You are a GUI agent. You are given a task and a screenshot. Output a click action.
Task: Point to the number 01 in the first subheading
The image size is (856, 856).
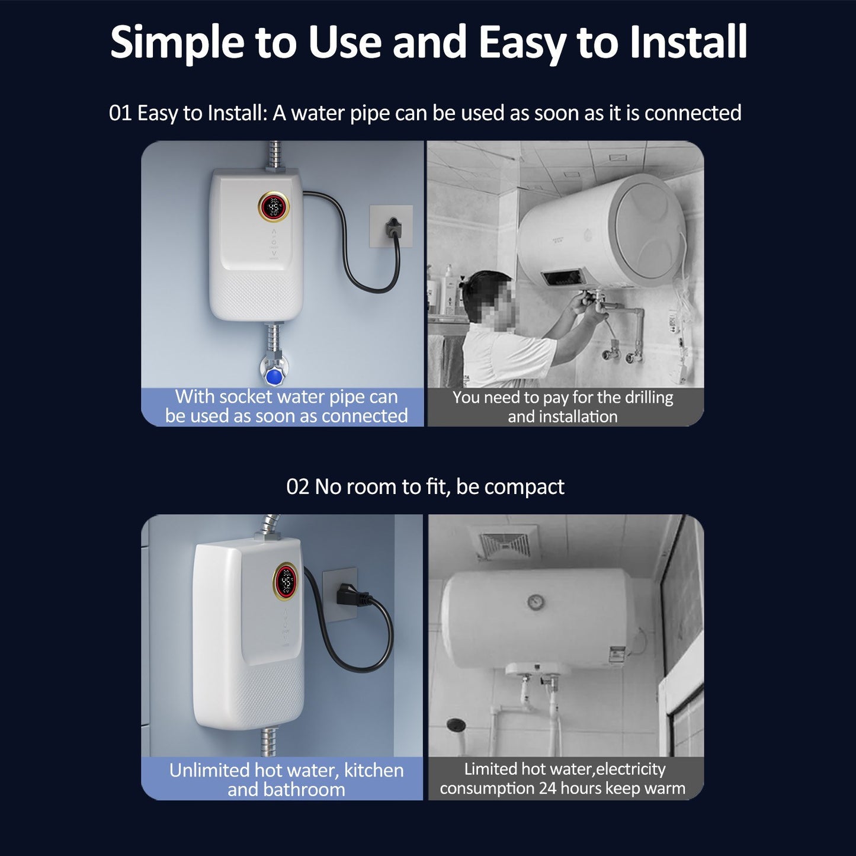pos(120,113)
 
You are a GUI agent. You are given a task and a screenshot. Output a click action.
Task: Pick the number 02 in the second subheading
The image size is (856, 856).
pos(297,487)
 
